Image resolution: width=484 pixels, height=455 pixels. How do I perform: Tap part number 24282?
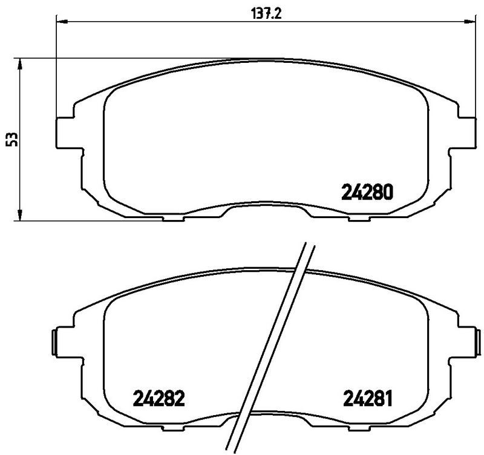pyautogui.click(x=158, y=398)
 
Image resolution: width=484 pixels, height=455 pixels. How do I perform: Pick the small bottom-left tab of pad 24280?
pyautogui.click(x=172, y=218)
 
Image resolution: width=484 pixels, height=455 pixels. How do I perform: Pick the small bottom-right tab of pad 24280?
pyautogui.click(x=358, y=218)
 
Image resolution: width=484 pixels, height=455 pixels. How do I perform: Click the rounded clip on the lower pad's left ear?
pyautogui.click(x=54, y=341)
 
